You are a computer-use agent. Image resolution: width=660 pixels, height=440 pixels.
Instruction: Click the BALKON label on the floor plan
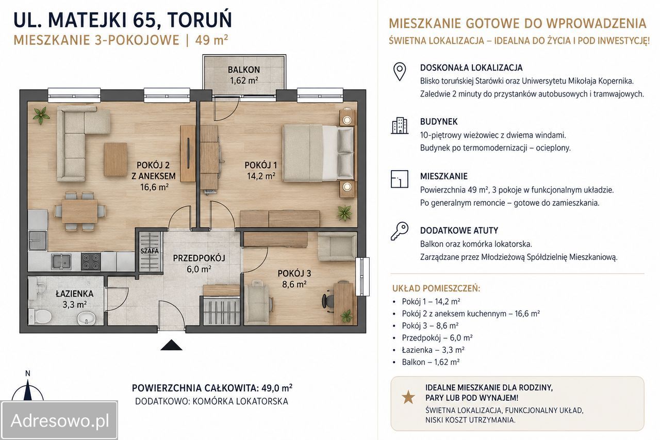(x=244, y=70)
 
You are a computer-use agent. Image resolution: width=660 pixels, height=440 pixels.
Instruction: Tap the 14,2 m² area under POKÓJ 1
(x=261, y=176)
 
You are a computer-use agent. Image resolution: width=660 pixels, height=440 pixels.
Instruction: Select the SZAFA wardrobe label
(x=150, y=251)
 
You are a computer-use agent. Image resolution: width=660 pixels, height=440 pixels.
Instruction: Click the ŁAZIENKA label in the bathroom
(x=75, y=294)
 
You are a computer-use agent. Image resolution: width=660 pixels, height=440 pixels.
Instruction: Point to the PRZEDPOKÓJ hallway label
(x=199, y=258)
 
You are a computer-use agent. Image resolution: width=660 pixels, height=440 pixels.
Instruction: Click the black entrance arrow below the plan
(x=171, y=345)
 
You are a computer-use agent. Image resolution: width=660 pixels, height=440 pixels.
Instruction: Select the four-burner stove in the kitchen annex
(x=91, y=262)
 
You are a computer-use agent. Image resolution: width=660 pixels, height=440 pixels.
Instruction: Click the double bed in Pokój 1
(x=318, y=153)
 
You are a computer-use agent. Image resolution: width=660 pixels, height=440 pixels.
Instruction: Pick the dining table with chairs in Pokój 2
(x=79, y=211)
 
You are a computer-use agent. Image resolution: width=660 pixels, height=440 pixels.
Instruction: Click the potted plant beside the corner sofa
(x=41, y=115)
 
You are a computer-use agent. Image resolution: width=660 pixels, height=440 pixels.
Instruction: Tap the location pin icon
(x=400, y=72)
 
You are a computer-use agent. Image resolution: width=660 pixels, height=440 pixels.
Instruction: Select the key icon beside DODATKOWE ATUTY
(x=400, y=231)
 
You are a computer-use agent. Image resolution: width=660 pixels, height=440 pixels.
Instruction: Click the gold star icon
(x=408, y=397)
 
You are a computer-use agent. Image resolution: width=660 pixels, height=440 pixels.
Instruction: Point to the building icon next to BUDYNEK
(x=400, y=125)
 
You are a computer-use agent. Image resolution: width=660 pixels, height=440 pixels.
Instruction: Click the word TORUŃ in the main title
(x=200, y=20)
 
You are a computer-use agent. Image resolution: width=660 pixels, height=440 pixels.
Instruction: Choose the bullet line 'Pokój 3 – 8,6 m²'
(x=430, y=325)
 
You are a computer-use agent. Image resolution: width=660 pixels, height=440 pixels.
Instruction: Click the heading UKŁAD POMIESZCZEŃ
(x=436, y=288)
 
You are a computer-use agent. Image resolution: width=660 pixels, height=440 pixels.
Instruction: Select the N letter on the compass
(x=28, y=373)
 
